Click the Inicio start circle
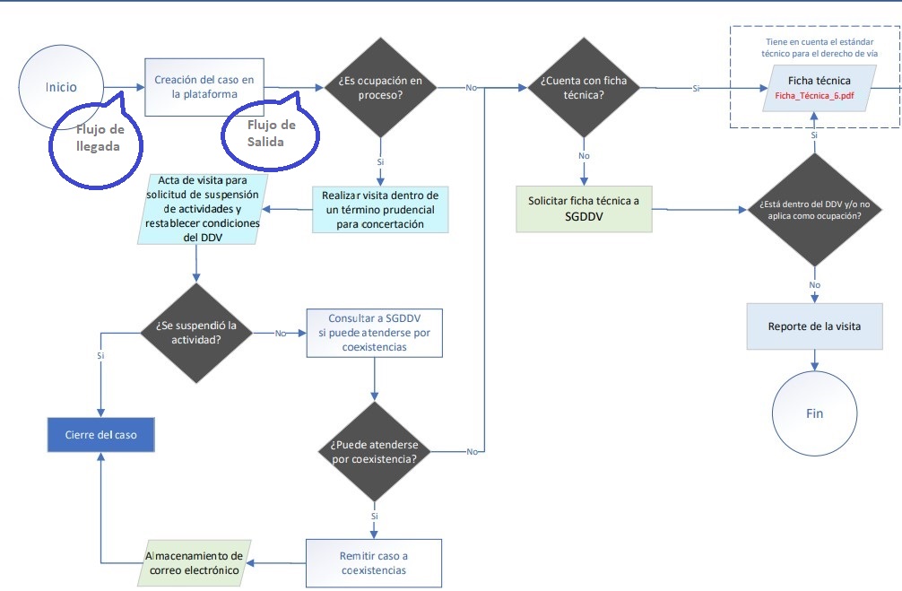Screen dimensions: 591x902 click(x=62, y=87)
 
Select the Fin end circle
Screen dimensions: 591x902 click(x=814, y=413)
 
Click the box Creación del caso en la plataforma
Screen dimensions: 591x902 click(x=204, y=87)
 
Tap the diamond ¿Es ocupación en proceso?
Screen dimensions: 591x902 click(x=379, y=87)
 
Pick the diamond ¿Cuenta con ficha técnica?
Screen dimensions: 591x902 click(x=584, y=88)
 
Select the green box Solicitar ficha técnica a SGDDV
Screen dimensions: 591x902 click(x=585, y=208)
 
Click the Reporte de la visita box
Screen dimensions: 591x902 click(x=814, y=326)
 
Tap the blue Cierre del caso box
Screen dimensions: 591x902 click(x=100, y=435)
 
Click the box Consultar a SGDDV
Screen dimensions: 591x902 click(x=374, y=333)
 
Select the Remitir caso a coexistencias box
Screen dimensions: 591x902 click(x=374, y=563)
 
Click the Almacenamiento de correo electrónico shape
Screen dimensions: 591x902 click(x=194, y=563)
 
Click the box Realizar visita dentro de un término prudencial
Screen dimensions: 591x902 click(x=380, y=210)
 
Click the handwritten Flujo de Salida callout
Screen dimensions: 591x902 click(x=271, y=132)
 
